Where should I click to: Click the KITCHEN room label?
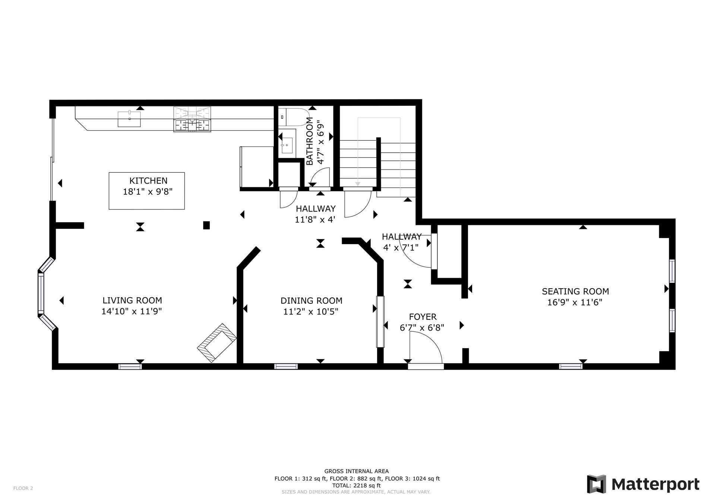(x=148, y=181)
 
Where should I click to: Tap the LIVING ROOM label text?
(x=132, y=300)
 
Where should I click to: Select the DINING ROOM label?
(x=312, y=300)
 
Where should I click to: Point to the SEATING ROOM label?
(x=575, y=292)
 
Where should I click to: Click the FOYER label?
(x=423, y=317)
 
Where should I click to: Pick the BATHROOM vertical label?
(x=309, y=141)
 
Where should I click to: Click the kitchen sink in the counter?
(x=129, y=119)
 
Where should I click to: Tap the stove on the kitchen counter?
(x=192, y=119)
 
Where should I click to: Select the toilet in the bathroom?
(x=294, y=117)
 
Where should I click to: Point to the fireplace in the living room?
(x=216, y=343)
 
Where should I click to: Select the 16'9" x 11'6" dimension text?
(x=575, y=302)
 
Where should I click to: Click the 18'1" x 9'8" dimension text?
(x=148, y=192)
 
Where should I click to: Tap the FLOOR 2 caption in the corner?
(x=23, y=488)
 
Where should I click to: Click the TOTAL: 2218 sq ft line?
(x=357, y=485)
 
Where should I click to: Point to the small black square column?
(x=206, y=225)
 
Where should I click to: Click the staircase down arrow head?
(x=358, y=184)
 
